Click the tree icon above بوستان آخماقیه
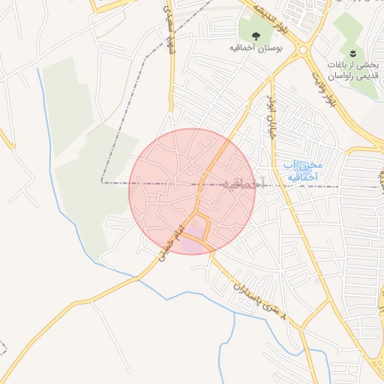click(256, 34)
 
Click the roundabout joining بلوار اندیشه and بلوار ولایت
click(304, 50)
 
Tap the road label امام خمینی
click(170, 244)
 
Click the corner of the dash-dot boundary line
click(103, 182)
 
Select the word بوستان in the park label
click(268, 48)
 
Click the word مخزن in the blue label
click(308, 164)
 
